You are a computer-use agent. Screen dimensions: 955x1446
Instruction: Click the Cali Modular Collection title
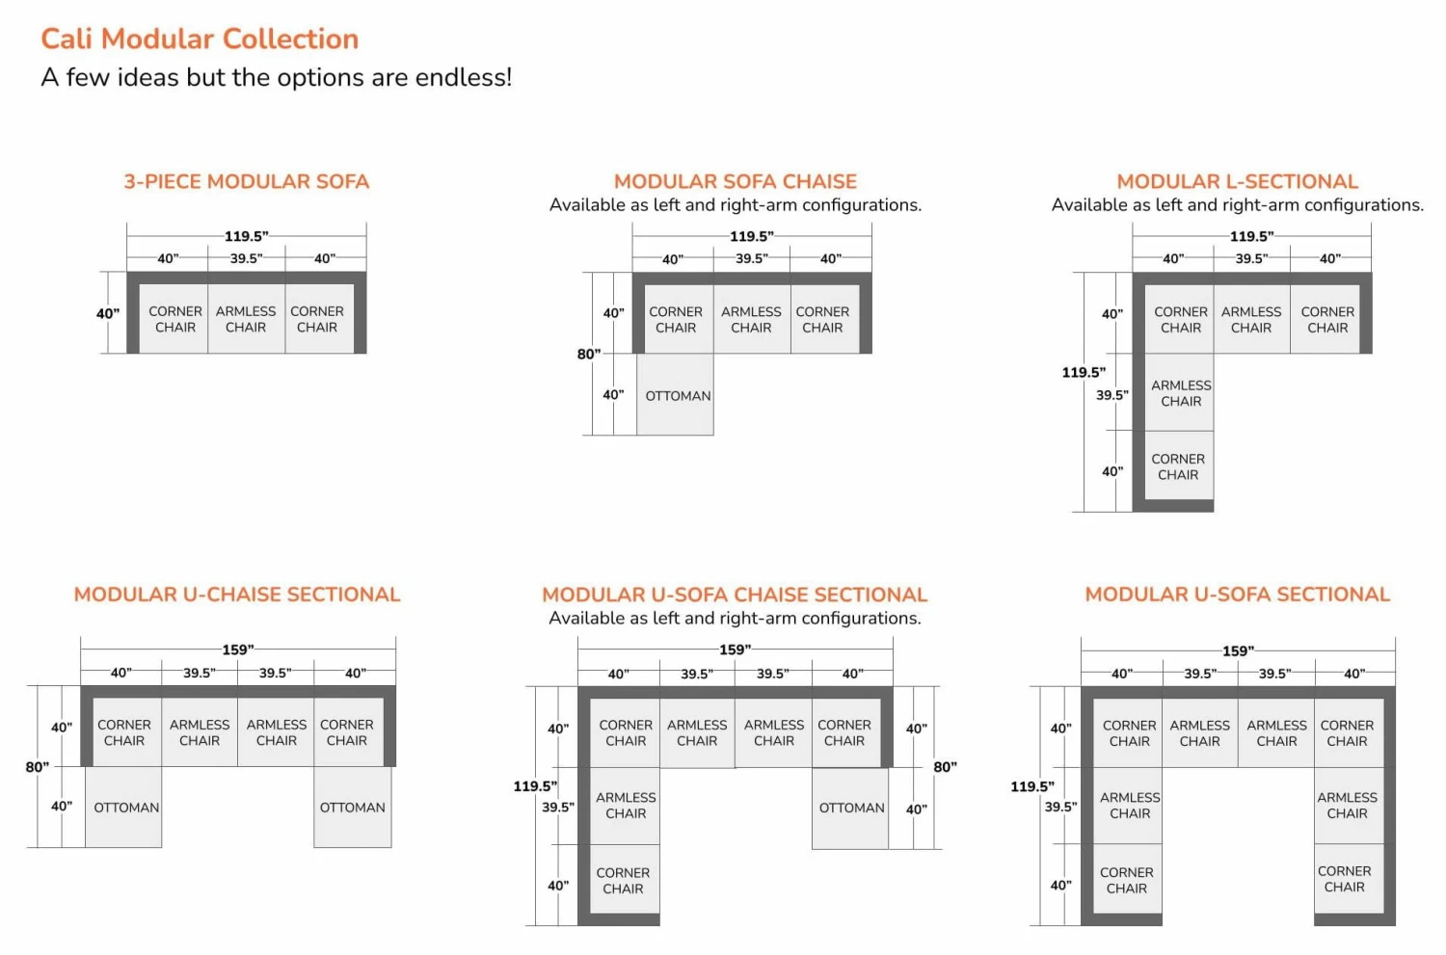tap(200, 39)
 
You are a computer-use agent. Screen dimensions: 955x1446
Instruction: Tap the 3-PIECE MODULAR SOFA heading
tap(246, 181)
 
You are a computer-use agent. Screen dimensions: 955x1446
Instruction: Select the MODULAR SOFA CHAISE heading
tap(735, 181)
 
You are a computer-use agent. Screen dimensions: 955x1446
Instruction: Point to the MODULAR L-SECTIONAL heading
tap(1237, 181)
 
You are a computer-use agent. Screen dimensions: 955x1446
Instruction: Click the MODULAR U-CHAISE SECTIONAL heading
tap(236, 595)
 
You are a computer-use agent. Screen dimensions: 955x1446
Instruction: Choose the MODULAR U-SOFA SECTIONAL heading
tap(1237, 595)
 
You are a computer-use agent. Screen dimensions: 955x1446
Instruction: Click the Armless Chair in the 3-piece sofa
tap(246, 319)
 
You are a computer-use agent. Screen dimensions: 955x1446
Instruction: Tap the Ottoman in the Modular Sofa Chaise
tap(677, 395)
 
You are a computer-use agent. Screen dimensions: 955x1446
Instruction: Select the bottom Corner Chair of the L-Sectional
tap(1178, 467)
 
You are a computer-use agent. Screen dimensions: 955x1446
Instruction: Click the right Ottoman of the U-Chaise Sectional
tap(352, 808)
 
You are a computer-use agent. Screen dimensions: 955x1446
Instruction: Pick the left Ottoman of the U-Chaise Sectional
tap(125, 808)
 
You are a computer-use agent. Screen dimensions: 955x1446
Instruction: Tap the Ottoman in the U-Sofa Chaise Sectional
tap(850, 808)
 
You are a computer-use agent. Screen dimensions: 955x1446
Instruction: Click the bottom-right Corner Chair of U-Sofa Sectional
tap(1345, 879)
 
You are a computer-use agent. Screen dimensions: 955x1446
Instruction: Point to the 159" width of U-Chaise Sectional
tap(238, 650)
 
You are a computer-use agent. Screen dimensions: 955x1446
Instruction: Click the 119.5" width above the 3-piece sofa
tap(246, 236)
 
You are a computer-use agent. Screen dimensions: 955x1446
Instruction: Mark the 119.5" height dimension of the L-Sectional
tap(1084, 372)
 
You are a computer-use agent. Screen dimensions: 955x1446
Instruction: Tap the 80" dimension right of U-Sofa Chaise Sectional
tap(945, 767)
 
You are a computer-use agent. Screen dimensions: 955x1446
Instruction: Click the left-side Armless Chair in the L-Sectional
tap(1181, 393)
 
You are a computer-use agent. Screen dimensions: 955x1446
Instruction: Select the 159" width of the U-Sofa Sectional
tap(1238, 650)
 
